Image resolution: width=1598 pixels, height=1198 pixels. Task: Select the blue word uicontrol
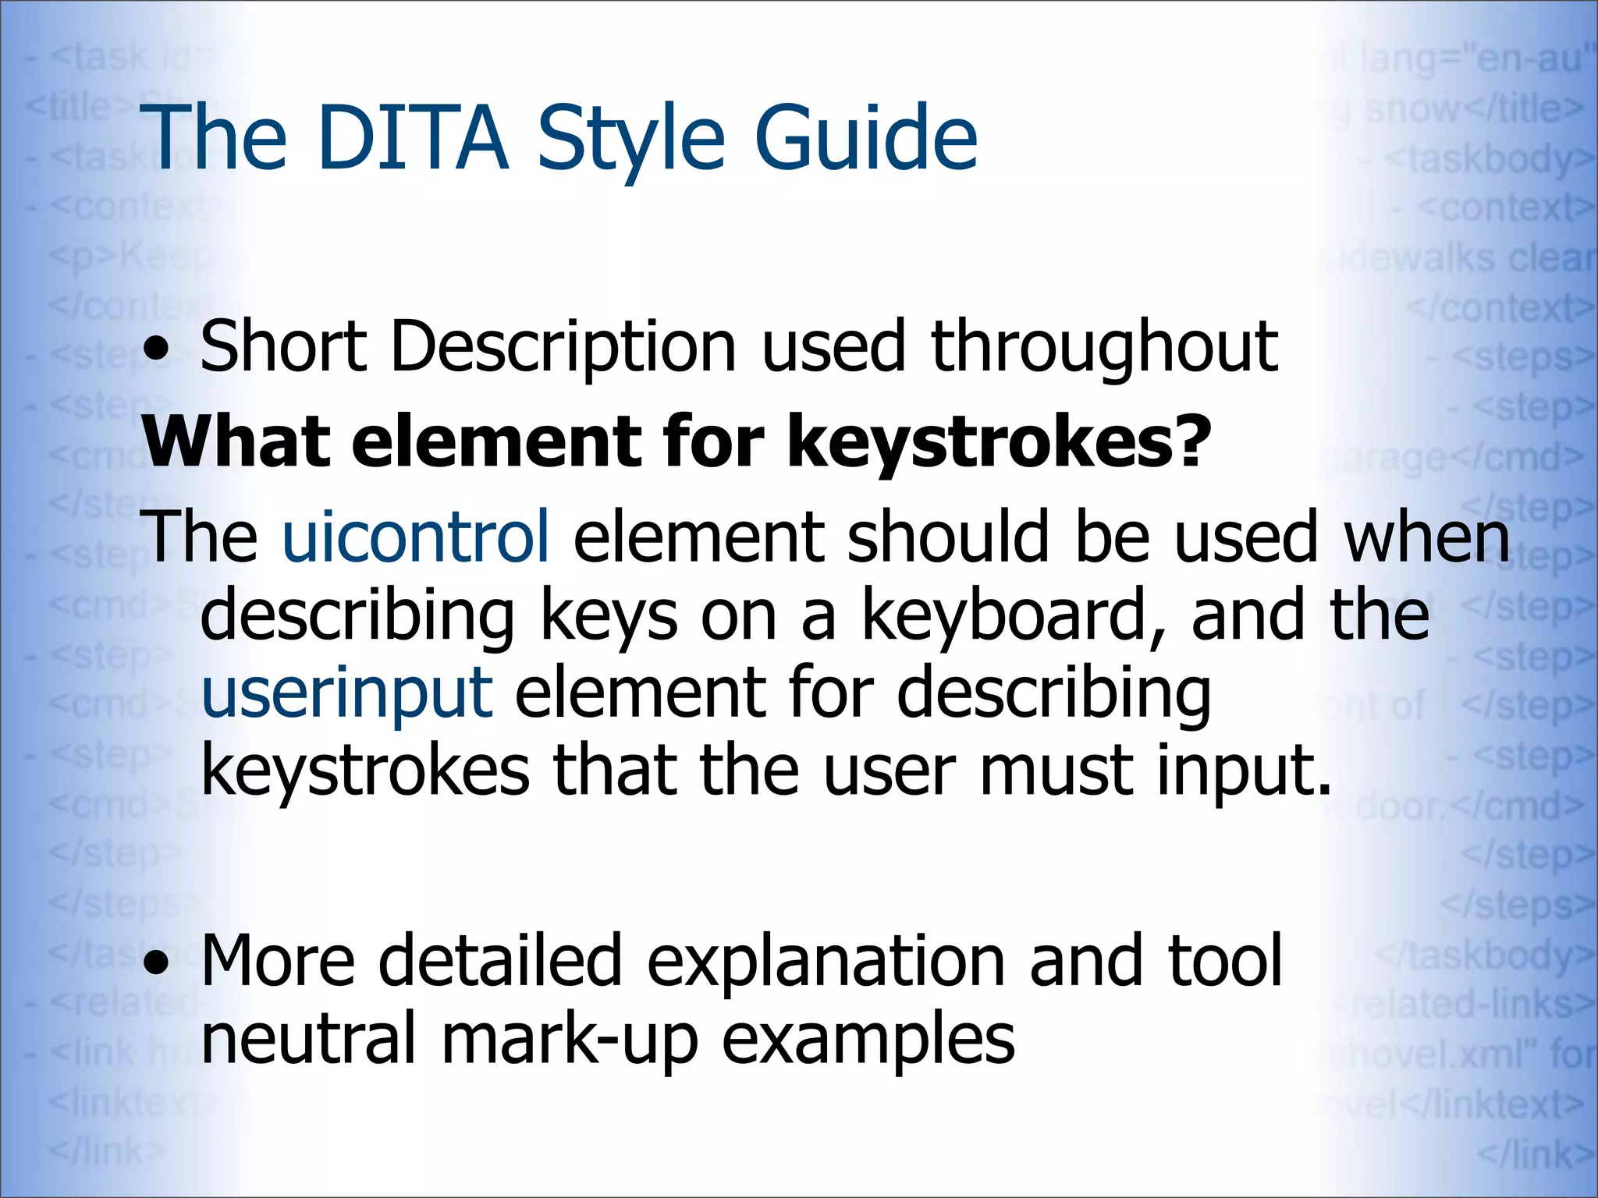416,537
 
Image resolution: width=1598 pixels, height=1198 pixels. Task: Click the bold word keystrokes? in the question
999,441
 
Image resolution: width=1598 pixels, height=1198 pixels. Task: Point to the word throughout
1104,347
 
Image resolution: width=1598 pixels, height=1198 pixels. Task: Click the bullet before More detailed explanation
158,964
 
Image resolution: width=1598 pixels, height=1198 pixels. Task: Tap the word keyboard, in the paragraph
1014,616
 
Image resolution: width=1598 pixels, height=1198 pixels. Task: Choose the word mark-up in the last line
570,1040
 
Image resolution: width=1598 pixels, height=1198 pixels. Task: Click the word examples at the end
868,1040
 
